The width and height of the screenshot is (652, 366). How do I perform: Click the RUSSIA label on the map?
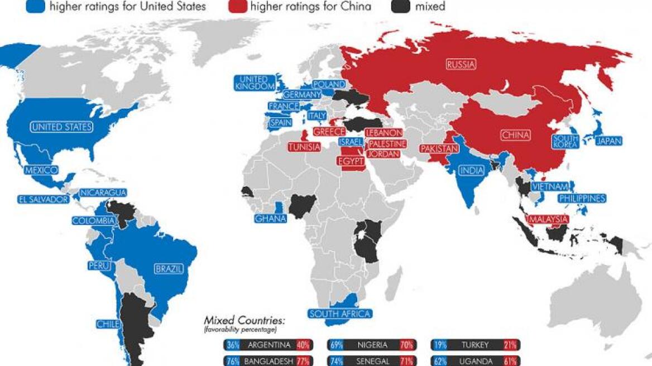[x=462, y=65]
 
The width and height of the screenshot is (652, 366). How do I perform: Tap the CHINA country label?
[x=515, y=135]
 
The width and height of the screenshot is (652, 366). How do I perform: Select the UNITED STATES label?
[x=61, y=127]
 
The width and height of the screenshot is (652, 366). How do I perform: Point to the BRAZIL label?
[x=169, y=269]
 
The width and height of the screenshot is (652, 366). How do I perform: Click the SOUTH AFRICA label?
[x=340, y=314]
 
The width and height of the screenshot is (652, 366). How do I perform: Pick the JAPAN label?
[x=608, y=141]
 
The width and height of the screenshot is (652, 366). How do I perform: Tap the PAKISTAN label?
[x=439, y=149]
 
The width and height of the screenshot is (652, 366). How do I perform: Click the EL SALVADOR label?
[x=43, y=199]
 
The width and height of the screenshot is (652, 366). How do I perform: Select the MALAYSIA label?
[x=548, y=219]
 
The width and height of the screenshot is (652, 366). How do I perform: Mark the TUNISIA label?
[x=304, y=147]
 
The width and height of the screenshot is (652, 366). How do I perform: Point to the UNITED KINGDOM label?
[x=255, y=83]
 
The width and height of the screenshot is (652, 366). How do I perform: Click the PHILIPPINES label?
[x=582, y=198]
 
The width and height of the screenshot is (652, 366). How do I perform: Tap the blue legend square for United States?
[x=35, y=7]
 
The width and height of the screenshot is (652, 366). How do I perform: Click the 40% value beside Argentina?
[x=304, y=345]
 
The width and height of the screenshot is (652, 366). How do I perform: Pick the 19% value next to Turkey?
[x=438, y=345]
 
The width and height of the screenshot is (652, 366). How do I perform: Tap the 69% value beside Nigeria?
[x=336, y=345]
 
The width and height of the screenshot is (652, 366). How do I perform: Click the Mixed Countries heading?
[x=244, y=320]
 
